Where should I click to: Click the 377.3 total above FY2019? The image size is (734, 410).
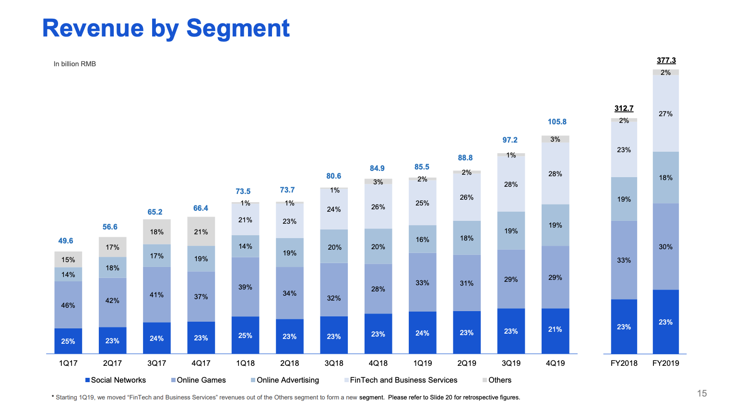coord(666,60)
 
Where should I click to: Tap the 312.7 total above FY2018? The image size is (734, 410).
coord(624,109)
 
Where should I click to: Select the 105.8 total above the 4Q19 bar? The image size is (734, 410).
coord(557,122)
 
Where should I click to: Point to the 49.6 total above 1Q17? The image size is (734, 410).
coord(66,241)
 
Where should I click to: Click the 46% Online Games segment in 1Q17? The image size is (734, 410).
coord(68,305)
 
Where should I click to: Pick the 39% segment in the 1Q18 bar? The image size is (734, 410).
coord(245,287)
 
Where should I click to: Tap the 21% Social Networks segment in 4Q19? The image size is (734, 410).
coord(555,330)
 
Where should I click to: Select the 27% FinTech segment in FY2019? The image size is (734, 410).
coord(665,114)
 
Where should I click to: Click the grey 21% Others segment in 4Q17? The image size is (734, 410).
coord(201,232)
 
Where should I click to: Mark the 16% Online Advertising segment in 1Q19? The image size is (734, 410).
coord(422,240)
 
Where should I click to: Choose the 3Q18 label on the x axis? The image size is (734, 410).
coord(334,363)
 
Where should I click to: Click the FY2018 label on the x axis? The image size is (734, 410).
coord(624,363)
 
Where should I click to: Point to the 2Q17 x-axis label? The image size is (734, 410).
coord(112,363)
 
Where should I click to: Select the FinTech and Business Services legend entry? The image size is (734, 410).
coord(403,380)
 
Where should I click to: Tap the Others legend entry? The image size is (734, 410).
coord(499,380)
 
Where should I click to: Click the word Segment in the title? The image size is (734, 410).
coord(238,28)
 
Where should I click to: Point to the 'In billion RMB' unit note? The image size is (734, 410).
coord(75,64)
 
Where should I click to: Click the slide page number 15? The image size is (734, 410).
coord(702,394)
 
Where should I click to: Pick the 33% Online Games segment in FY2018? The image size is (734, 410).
coord(624,260)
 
